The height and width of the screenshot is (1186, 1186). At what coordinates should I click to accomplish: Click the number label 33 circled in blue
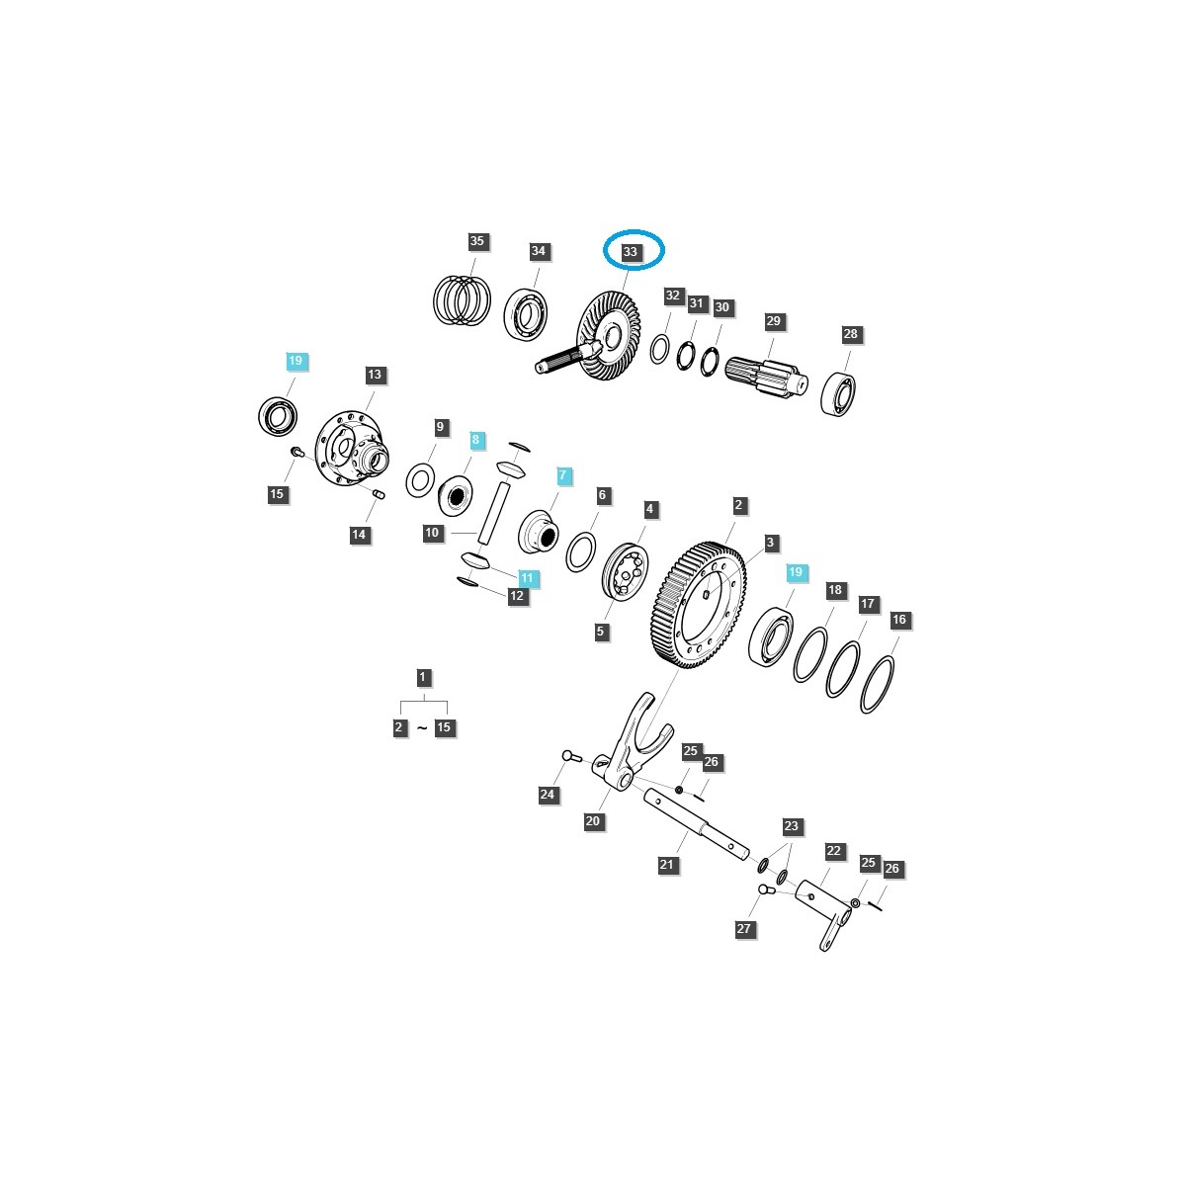tap(631, 253)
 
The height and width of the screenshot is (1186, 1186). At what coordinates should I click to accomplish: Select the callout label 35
tap(477, 242)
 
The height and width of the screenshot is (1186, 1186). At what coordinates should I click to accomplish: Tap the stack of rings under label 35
tap(463, 297)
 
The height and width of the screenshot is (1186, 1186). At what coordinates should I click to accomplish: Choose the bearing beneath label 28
tap(840, 392)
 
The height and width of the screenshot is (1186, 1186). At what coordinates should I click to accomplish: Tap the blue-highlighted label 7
tap(562, 475)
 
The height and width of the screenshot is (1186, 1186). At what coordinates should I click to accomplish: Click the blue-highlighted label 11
tap(526, 578)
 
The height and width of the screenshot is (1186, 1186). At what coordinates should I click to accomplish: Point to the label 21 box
tap(666, 865)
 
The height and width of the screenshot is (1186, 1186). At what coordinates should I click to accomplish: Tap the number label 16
tap(898, 620)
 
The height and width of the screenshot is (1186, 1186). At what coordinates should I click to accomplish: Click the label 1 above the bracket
tap(423, 677)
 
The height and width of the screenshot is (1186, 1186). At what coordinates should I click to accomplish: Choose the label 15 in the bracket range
tap(444, 727)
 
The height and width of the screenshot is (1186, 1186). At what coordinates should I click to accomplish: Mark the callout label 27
tap(744, 929)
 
